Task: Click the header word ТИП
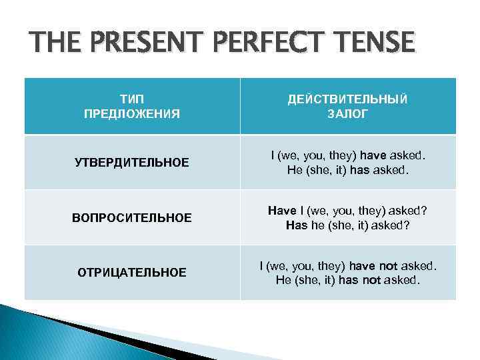pyautogui.click(x=132, y=98)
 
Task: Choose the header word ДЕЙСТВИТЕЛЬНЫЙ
pyautogui.click(x=348, y=98)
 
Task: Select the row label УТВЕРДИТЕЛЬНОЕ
pyautogui.click(x=132, y=163)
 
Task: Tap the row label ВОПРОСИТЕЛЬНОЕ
pyautogui.click(x=132, y=217)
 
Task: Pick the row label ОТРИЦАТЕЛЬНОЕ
pyautogui.click(x=132, y=272)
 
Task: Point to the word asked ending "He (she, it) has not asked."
pyautogui.click(x=405, y=280)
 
